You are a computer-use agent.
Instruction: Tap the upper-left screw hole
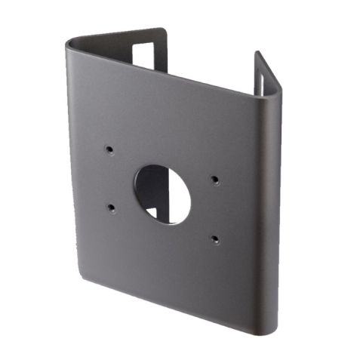point(109,149)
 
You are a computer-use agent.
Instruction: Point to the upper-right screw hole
point(215,180)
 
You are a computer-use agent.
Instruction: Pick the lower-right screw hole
point(215,240)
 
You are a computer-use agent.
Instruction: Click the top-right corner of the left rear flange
point(163,31)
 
